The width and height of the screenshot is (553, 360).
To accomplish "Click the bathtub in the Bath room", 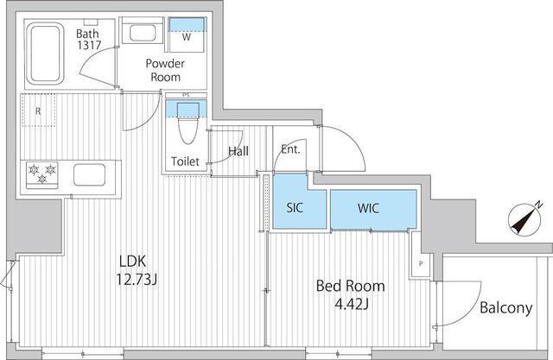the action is pyautogui.click(x=44, y=54).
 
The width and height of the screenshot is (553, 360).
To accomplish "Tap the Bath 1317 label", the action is pyautogui.click(x=88, y=39).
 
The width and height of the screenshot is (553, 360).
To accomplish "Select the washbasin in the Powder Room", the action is pyautogui.click(x=143, y=33).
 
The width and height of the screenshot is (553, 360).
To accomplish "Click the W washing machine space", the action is pyautogui.click(x=187, y=35).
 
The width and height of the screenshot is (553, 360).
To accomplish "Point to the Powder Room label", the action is pyautogui.click(x=165, y=70).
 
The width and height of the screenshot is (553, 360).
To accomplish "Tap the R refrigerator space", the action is pyautogui.click(x=38, y=111).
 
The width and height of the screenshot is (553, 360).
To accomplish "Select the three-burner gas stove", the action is pyautogui.click(x=42, y=174).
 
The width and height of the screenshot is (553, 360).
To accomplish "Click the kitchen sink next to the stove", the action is pyautogui.click(x=89, y=174).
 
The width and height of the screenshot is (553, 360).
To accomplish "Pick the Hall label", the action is pyautogui.click(x=238, y=151).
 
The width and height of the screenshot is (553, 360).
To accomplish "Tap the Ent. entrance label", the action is pyautogui.click(x=290, y=149).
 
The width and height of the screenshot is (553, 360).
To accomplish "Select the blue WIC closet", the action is pyautogui.click(x=373, y=210).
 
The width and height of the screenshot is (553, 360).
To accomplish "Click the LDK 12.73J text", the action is pyautogui.click(x=137, y=270).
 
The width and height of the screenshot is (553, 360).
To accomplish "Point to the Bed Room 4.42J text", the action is pyautogui.click(x=351, y=294).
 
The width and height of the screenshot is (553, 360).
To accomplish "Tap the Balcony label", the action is pyautogui.click(x=505, y=308).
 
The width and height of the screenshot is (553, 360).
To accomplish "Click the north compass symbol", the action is pyautogui.click(x=524, y=220).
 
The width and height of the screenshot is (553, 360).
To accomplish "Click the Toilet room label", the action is pyautogui.click(x=185, y=161).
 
